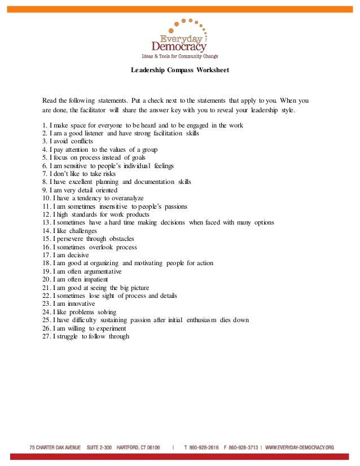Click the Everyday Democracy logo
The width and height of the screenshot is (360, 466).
coord(179,36)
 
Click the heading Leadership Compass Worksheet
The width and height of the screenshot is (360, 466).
coord(179,71)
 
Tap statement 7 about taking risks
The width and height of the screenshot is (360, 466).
coord(78,174)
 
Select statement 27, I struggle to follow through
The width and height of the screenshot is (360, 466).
coord(86,336)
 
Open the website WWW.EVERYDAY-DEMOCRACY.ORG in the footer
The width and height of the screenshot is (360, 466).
coord(300,447)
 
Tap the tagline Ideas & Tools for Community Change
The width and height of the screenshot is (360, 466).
coord(179,56)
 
